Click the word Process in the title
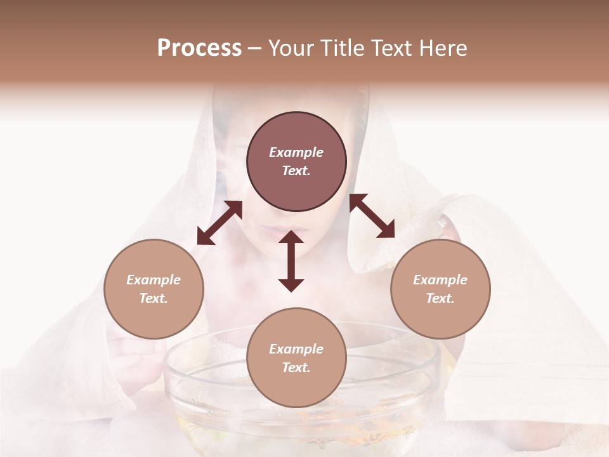[199, 48]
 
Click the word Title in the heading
[341, 48]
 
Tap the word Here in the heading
[443, 48]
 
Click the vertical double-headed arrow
[291, 261]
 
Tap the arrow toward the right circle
[372, 216]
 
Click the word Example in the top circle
[296, 152]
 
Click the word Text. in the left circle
[154, 298]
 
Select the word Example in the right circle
[440, 280]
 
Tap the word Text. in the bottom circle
[296, 368]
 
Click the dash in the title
[255, 49]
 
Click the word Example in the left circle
[154, 280]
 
